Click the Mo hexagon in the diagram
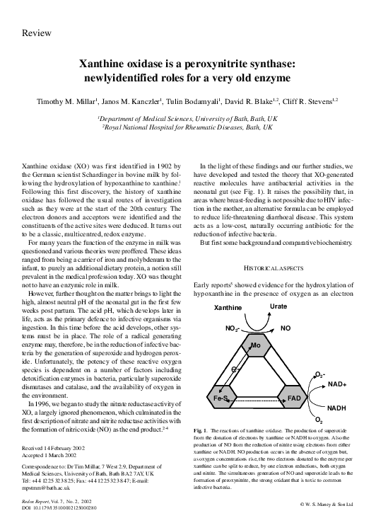[x=257, y=347]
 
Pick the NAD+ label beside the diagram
[x=336, y=384]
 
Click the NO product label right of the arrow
[x=286, y=329]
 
